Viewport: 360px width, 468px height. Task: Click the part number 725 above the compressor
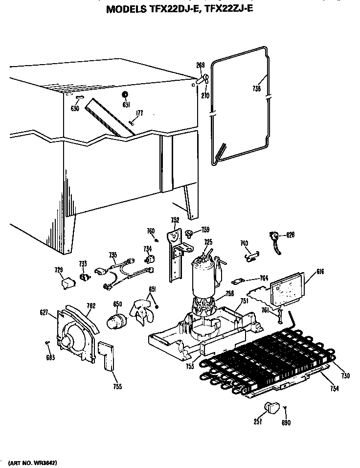click(x=208, y=242)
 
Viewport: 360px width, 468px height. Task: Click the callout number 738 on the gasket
click(x=256, y=89)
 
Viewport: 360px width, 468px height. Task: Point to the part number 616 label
click(x=307, y=272)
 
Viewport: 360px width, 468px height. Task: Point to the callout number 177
click(x=139, y=114)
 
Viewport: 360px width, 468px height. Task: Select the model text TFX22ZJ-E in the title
click(x=226, y=8)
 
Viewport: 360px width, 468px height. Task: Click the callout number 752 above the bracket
click(x=175, y=220)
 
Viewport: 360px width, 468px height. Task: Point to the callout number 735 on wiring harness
click(x=113, y=255)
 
